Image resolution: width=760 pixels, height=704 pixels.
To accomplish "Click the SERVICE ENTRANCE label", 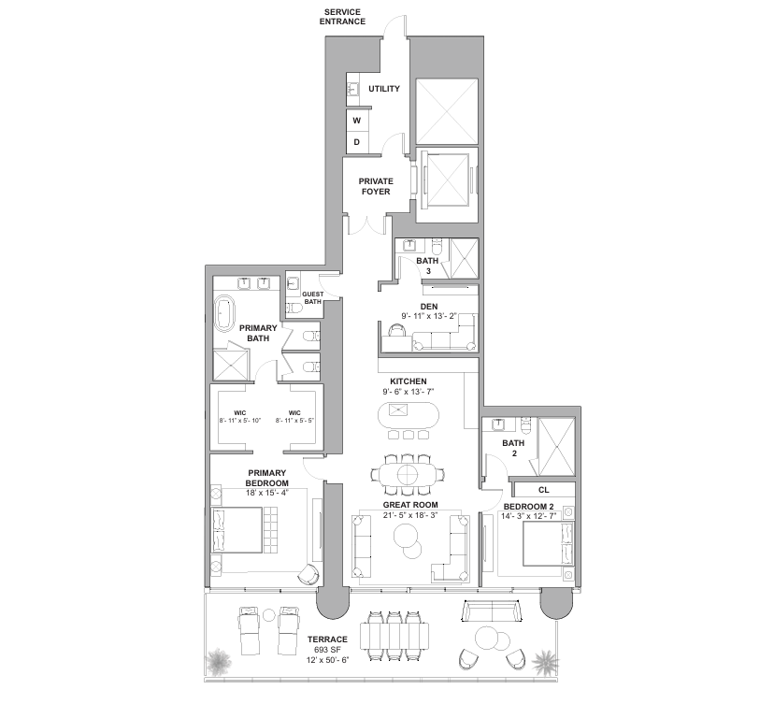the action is [342, 17].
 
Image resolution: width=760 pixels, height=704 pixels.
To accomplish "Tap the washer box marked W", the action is [357, 121].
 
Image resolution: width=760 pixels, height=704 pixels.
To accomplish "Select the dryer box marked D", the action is [357, 142].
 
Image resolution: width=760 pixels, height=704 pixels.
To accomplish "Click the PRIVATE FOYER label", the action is [376, 186].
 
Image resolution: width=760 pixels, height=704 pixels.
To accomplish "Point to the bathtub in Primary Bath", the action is [224, 314].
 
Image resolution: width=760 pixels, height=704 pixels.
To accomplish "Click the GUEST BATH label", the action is [312, 297].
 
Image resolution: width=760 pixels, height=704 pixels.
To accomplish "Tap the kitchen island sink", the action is [398, 409].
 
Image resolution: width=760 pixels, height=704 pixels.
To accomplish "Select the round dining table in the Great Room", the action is [409, 473].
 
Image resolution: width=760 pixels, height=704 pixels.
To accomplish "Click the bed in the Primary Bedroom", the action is [237, 529].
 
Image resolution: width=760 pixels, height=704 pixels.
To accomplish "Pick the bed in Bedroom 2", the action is [549, 543].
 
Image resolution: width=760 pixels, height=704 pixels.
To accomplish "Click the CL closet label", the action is [544, 490].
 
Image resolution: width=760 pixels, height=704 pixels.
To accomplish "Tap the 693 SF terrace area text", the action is [327, 650].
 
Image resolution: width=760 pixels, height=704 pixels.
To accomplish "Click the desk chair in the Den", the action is [397, 330].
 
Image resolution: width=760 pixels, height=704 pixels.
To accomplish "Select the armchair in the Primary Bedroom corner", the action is [308, 575].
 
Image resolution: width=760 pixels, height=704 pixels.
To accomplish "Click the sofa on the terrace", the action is [492, 611].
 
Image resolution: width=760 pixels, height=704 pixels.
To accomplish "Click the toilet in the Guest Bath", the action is [294, 309].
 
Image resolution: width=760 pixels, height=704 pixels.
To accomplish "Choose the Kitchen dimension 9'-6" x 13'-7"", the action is [409, 392].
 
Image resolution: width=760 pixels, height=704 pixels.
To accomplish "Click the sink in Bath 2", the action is [497, 424].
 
